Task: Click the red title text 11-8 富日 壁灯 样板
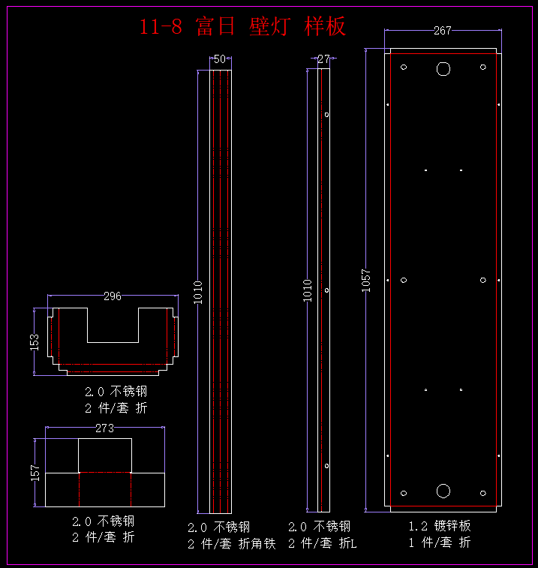pos(242,26)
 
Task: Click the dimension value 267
pos(443,31)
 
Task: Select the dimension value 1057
pos(366,281)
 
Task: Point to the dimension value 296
pos(113,296)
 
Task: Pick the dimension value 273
pos(105,428)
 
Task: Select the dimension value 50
pos(220,59)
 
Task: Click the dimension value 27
pos(323,59)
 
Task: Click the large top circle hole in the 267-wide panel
pos(443,69)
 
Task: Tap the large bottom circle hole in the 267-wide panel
pos(443,491)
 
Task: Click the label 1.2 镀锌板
pos(440,526)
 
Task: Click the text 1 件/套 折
pos(440,542)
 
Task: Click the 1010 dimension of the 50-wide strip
pos(198,291)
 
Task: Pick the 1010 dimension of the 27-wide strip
pos(308,291)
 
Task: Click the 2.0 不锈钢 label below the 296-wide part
pos(116,392)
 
